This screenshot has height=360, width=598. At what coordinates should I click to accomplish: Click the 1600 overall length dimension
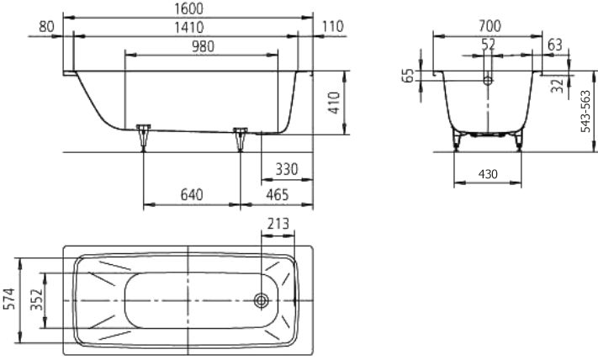[x=188, y=8]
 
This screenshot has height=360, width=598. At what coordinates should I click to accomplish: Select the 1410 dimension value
[x=188, y=28]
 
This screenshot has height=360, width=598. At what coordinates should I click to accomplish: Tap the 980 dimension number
[x=203, y=46]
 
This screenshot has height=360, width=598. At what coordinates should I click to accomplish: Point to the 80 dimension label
[x=46, y=27]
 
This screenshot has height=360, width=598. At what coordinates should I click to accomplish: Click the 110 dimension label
[x=333, y=27]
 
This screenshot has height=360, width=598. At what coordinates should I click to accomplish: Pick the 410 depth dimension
[x=334, y=103]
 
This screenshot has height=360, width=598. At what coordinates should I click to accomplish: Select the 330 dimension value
[x=287, y=169]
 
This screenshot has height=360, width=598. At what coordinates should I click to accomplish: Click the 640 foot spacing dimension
[x=192, y=195]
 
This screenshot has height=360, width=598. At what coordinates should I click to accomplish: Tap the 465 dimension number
[x=278, y=195]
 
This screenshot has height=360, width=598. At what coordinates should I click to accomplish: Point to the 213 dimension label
[x=278, y=224]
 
